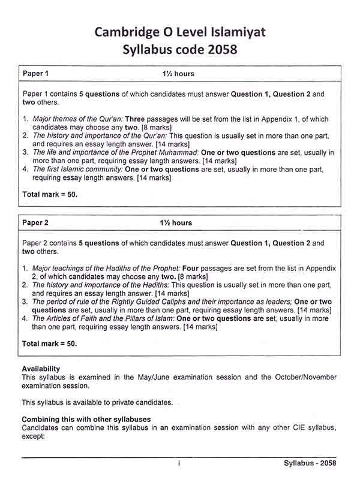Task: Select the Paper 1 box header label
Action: coord(35,74)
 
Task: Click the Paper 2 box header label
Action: coord(35,223)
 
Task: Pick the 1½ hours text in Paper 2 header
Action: coord(176,223)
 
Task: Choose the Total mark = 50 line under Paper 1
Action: coord(50,195)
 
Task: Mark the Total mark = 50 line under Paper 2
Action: coord(50,344)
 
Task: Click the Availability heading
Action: coord(41,368)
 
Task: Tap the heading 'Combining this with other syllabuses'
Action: coord(86,418)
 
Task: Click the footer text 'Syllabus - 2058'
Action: coord(310,463)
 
